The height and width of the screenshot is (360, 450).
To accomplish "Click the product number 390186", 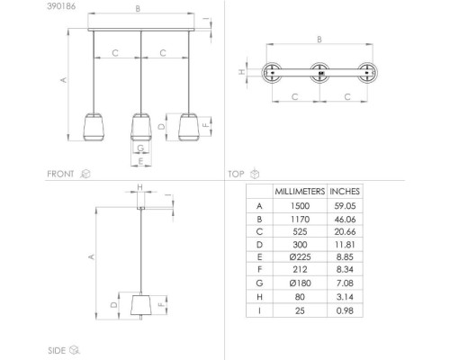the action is click(61, 6).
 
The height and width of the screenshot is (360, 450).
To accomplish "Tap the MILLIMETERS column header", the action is click(300, 192).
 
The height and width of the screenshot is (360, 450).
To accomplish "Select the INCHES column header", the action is click(345, 192).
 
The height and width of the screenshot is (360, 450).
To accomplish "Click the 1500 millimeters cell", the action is click(300, 206).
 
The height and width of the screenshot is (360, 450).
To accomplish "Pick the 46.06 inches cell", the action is click(345, 220).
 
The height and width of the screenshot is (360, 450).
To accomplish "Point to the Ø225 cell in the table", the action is click(300, 257).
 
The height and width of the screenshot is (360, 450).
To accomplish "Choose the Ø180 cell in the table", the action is click(300, 283).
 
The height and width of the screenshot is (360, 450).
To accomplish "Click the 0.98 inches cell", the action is click(345, 310).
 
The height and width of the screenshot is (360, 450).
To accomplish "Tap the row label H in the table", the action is click(259, 297).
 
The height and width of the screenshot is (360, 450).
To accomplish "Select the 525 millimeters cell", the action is click(300, 232).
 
